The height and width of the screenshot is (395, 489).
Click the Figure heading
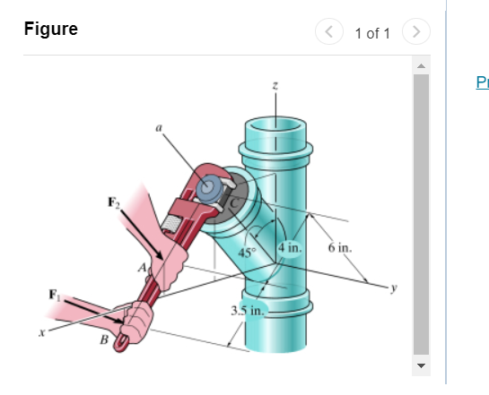point(51,30)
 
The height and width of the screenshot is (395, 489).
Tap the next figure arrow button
point(415,34)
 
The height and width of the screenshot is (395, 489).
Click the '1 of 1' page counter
point(372,34)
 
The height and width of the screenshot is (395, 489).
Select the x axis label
point(41,333)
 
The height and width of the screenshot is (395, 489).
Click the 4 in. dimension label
point(292,246)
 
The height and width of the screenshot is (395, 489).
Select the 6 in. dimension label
point(340,246)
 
